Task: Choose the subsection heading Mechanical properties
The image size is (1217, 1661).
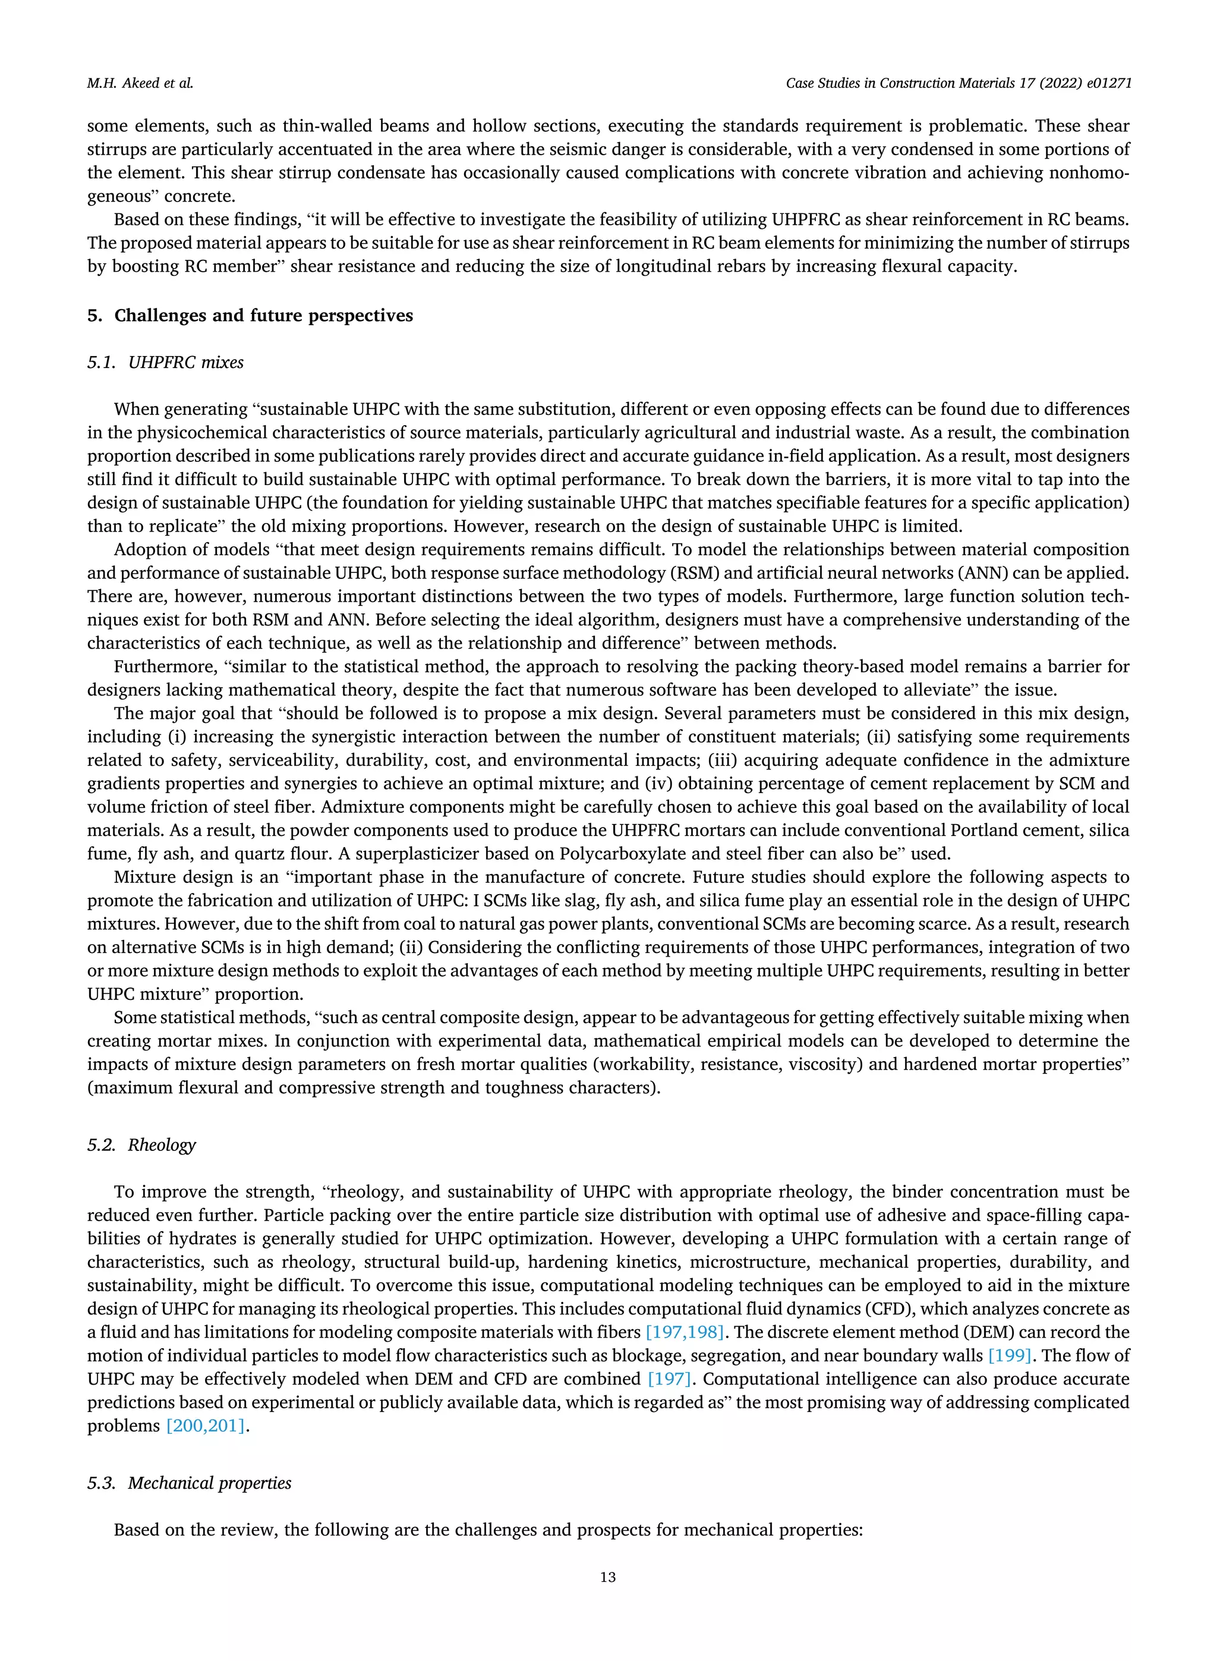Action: tap(209, 1483)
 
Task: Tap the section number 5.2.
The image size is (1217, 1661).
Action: tap(101, 1144)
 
